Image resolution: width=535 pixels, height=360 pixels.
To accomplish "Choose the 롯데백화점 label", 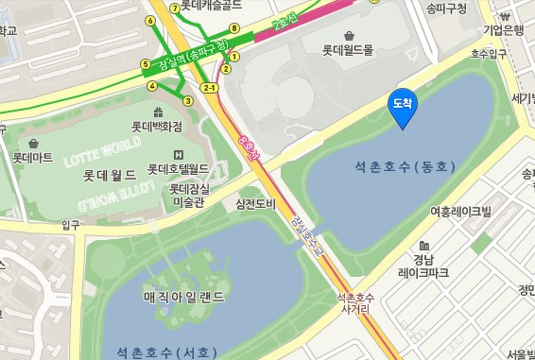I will [156, 126].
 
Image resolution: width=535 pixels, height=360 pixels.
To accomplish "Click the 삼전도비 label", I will [255, 204].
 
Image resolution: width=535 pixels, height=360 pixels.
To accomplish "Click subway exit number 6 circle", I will [150, 20].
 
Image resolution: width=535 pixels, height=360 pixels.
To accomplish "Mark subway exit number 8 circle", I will [234, 28].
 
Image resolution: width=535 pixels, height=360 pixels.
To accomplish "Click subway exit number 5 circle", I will [146, 64].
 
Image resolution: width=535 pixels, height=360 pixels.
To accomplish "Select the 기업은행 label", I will [502, 30].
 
